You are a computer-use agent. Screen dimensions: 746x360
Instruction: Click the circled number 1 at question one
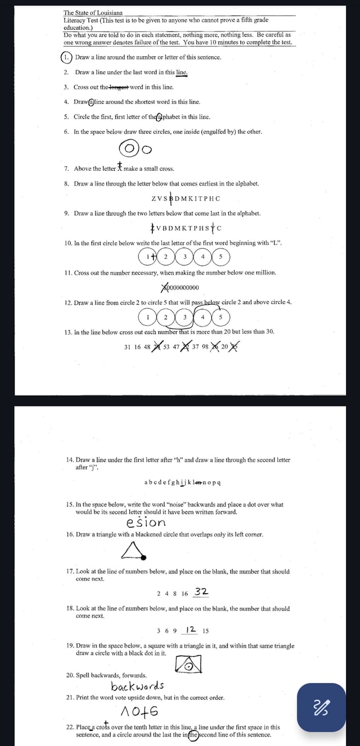pyautogui.click(x=67, y=57)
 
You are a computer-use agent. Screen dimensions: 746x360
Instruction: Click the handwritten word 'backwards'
pyautogui.click(x=138, y=686)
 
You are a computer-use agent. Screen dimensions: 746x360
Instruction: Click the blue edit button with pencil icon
pyautogui.click(x=321, y=707)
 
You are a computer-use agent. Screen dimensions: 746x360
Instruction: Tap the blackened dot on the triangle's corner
pyautogui.click(x=145, y=557)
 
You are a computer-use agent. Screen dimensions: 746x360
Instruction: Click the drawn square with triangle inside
pyautogui.click(x=188, y=665)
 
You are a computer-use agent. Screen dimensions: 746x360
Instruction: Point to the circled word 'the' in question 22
pyautogui.click(x=193, y=735)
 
